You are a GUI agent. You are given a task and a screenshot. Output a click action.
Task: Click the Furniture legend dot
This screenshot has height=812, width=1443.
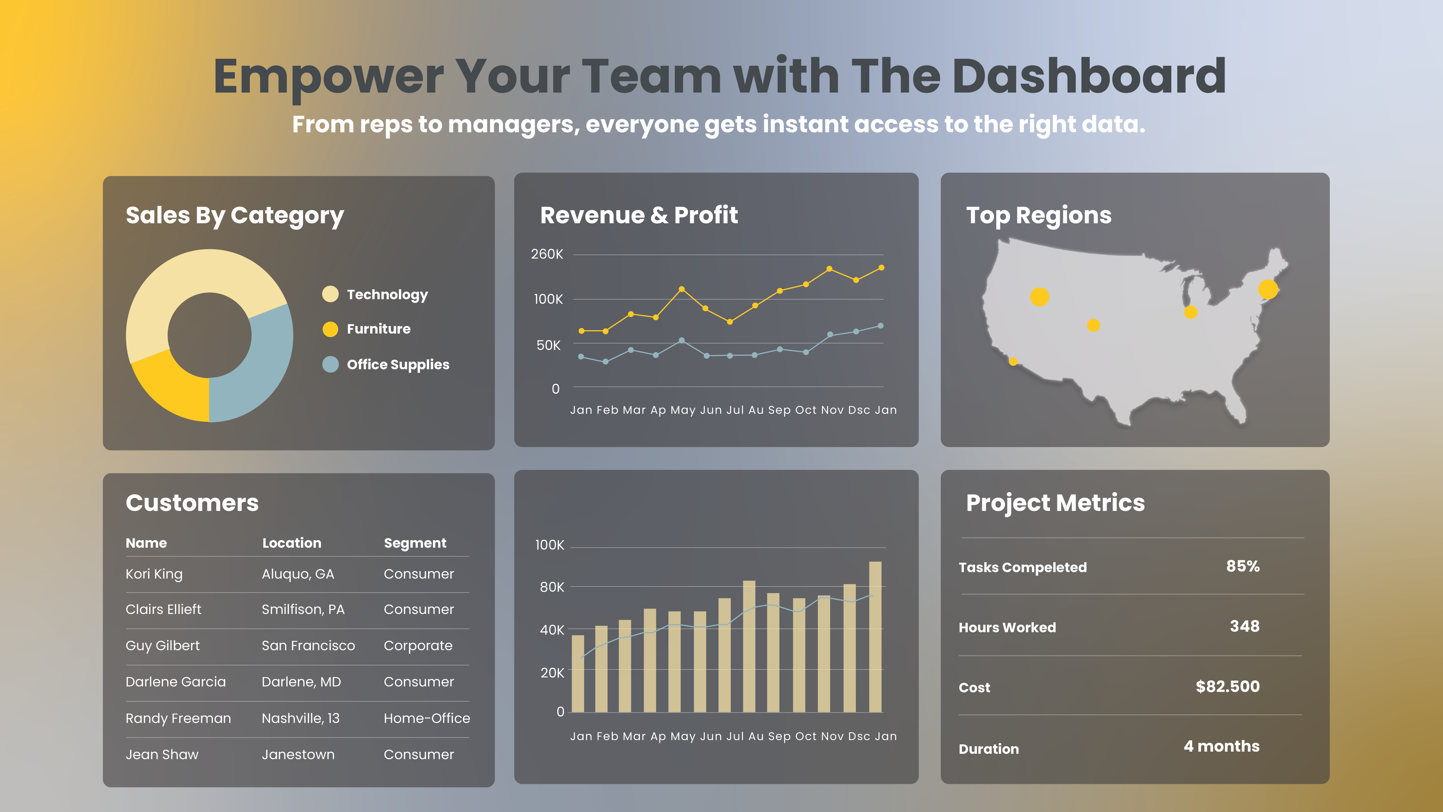click(330, 329)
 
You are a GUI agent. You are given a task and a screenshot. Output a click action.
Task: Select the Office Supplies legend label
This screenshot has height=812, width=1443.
click(398, 365)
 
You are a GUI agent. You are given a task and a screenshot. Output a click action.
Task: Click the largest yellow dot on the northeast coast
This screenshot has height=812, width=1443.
click(1268, 290)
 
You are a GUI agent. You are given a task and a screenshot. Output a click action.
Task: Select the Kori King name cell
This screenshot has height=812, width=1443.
click(154, 574)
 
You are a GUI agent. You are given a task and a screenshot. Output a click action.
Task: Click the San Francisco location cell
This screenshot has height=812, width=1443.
click(308, 646)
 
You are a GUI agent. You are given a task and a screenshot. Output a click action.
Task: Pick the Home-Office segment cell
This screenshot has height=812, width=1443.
click(426, 718)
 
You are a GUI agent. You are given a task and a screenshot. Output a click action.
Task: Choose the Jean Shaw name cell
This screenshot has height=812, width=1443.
click(162, 755)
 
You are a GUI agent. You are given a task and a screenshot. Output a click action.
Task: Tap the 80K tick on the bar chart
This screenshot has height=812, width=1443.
click(552, 587)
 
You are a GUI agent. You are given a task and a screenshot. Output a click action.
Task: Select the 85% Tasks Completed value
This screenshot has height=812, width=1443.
click(1242, 566)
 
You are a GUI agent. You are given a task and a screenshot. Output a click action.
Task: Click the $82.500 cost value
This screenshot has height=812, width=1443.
click(1227, 687)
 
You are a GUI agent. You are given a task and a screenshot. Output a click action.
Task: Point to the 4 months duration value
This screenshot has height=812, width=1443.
click(1221, 747)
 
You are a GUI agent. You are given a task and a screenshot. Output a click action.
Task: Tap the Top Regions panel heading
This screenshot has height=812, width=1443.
click(1038, 215)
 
